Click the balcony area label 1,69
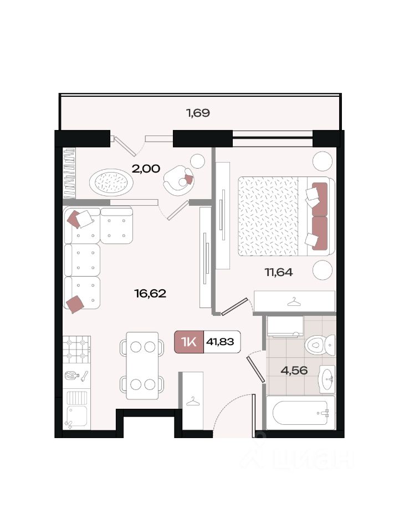coord(198,113)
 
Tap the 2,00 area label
coord(146,168)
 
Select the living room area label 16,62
coord(150,293)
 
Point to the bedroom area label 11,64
coord(279,272)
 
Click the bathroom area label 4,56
coord(294,370)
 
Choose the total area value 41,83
coord(220,342)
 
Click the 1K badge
coord(189,342)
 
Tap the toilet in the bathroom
coord(320,345)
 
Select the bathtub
coord(300,413)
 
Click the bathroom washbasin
coord(327,379)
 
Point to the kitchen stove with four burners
coord(76,350)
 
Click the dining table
coord(142,366)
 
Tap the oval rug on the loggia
coord(111,182)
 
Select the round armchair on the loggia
coord(178,180)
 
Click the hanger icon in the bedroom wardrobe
coord(294,301)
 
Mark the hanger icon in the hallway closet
coord(193,401)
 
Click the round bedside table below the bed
coord(323,270)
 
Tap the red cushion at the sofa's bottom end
coord(75,304)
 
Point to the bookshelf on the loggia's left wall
coord(70,173)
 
